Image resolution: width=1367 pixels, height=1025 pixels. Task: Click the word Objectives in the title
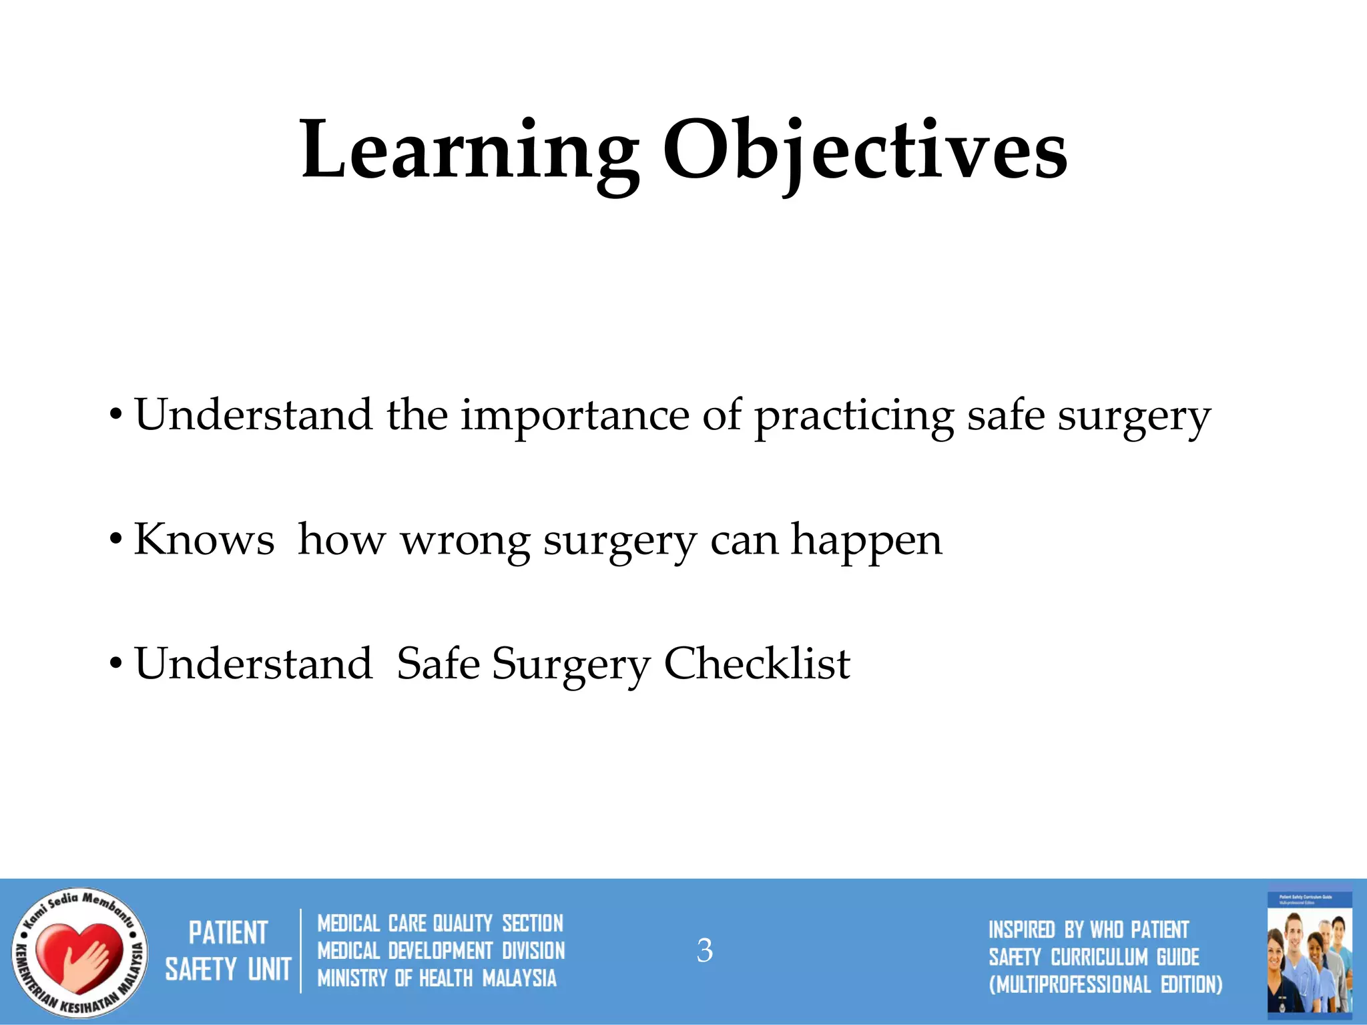[864, 150]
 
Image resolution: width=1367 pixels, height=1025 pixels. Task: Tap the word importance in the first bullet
[575, 415]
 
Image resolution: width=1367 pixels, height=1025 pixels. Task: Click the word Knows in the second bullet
[204, 540]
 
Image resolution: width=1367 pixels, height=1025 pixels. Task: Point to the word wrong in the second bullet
[465, 540]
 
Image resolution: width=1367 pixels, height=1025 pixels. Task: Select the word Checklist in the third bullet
[757, 664]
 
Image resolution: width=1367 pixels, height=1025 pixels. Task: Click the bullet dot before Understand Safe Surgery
[116, 664]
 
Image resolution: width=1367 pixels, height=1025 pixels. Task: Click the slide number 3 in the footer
[704, 950]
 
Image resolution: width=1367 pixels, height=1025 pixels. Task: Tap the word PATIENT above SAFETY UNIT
[228, 933]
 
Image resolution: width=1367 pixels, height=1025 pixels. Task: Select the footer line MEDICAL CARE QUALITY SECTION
[440, 924]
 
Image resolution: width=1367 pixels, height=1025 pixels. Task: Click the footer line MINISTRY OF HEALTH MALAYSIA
[437, 978]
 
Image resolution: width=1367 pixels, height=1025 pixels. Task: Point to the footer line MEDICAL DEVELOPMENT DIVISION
[441, 951]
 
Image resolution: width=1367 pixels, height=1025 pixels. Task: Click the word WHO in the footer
[1107, 930]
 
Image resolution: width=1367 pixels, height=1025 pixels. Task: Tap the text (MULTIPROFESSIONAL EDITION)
[1105, 984]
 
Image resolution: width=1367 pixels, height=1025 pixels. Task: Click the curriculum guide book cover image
[1310, 952]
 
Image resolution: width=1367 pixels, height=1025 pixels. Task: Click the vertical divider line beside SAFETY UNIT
[300, 951]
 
